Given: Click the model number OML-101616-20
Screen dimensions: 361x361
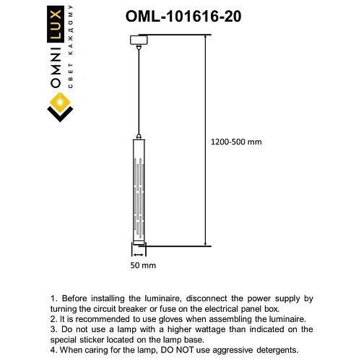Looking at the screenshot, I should [x=183, y=15].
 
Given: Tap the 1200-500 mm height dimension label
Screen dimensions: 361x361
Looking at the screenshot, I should [x=237, y=142].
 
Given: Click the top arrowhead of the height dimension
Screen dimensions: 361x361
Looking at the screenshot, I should [x=206, y=38].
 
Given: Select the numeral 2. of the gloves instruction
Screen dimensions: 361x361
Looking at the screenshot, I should [x=53, y=318].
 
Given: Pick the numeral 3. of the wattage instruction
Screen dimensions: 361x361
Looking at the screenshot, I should [x=53, y=329].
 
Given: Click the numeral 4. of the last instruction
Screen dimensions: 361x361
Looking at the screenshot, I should [x=53, y=349].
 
